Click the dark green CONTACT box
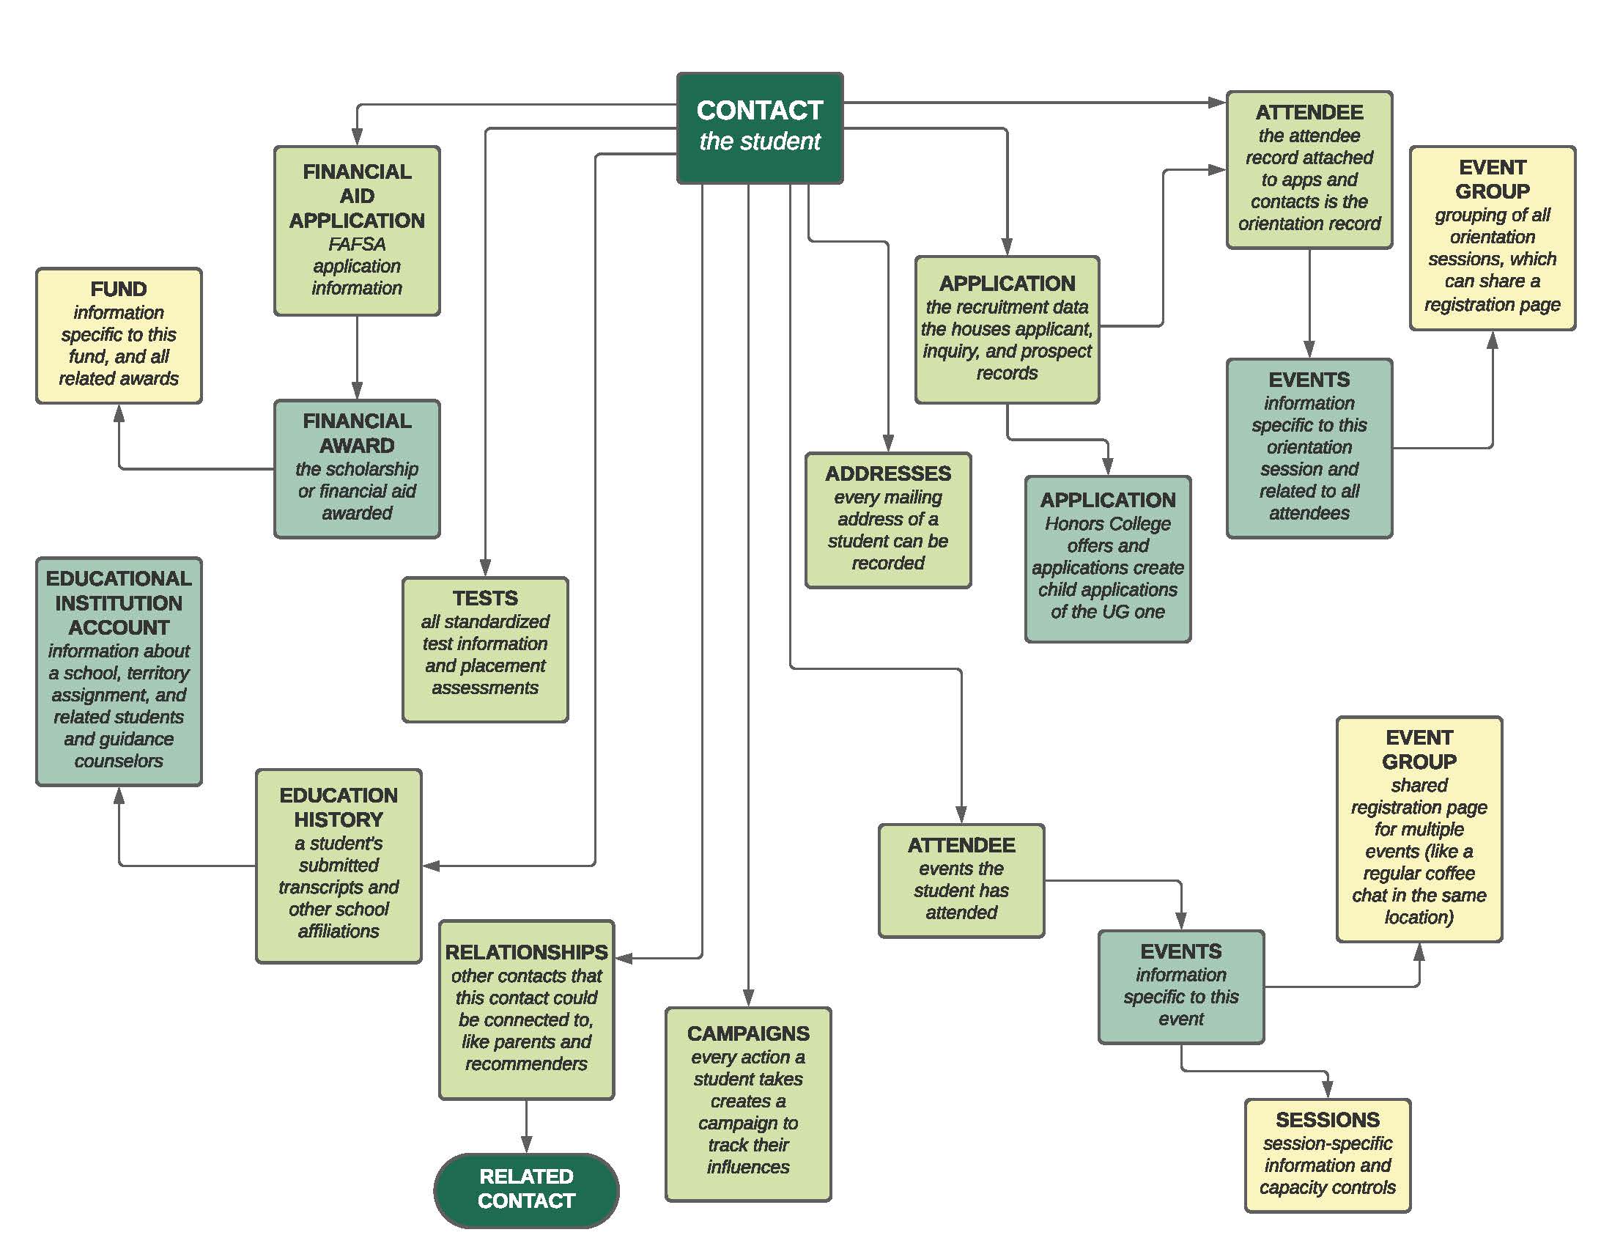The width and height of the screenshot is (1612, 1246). click(760, 128)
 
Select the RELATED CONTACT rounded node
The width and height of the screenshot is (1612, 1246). click(525, 1187)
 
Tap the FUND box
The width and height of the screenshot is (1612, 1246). click(119, 336)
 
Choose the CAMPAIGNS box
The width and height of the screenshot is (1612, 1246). click(747, 1104)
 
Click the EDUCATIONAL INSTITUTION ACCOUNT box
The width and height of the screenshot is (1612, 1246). click(119, 671)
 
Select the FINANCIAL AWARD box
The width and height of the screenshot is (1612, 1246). click(357, 469)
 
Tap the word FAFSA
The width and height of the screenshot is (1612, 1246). click(357, 243)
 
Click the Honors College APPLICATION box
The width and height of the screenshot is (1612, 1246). click(1107, 559)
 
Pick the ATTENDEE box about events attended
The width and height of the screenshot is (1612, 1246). click(961, 880)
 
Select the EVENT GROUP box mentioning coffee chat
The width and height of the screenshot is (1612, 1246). click(1419, 829)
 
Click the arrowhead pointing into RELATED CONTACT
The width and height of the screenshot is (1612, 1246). click(526, 1143)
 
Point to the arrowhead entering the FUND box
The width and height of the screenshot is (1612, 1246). click(119, 414)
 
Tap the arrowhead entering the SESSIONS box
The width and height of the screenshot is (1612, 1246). click(1327, 1088)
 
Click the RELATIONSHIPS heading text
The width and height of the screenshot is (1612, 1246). click(526, 952)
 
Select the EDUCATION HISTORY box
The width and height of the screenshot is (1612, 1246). click(339, 866)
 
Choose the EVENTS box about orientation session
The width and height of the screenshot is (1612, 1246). click(1309, 448)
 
